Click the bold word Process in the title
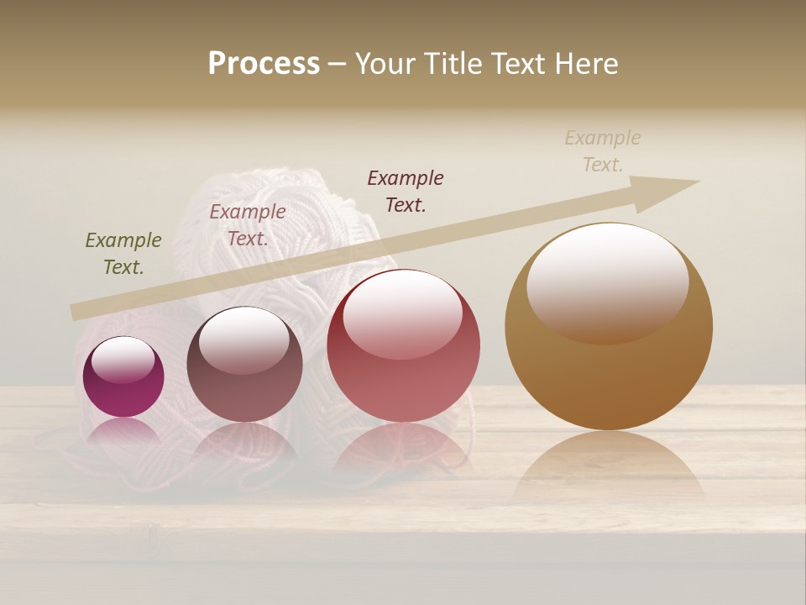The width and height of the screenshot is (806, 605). (264, 63)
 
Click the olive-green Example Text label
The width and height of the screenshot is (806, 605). (123, 254)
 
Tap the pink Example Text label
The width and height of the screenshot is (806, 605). (248, 225)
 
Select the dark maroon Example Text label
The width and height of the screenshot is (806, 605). (406, 191)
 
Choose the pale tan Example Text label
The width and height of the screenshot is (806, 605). (603, 150)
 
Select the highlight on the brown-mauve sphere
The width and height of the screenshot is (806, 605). (244, 341)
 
